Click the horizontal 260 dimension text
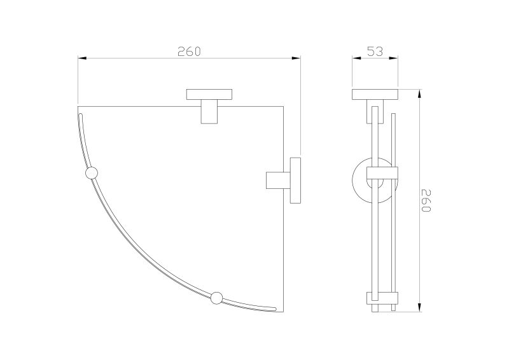click(189, 52)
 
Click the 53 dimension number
click(375, 52)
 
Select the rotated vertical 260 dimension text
click(426, 200)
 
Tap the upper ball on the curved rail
click(91, 173)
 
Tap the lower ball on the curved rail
click(216, 298)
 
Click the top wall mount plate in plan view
click(209, 94)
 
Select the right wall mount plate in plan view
click(295, 180)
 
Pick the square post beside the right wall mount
click(278, 180)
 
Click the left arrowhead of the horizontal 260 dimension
click(82, 58)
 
